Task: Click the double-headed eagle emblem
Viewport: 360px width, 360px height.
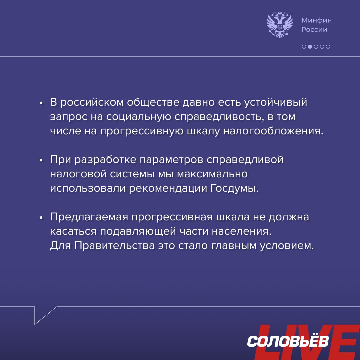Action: click(280, 24)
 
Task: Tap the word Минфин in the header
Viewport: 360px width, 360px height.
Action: click(316, 20)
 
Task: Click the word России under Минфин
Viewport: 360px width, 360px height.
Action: click(314, 30)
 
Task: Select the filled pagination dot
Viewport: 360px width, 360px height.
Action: click(310, 47)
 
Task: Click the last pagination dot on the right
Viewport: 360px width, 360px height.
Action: click(328, 47)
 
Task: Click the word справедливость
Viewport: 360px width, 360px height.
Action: click(218, 117)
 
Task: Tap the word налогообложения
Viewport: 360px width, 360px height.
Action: click(273, 131)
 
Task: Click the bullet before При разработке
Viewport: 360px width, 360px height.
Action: click(41, 160)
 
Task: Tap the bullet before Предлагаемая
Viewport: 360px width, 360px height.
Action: click(41, 218)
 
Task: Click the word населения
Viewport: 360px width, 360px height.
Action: click(242, 231)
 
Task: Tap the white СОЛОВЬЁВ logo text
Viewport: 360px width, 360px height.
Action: click(288, 341)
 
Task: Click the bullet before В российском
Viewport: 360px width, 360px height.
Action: click(41, 103)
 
